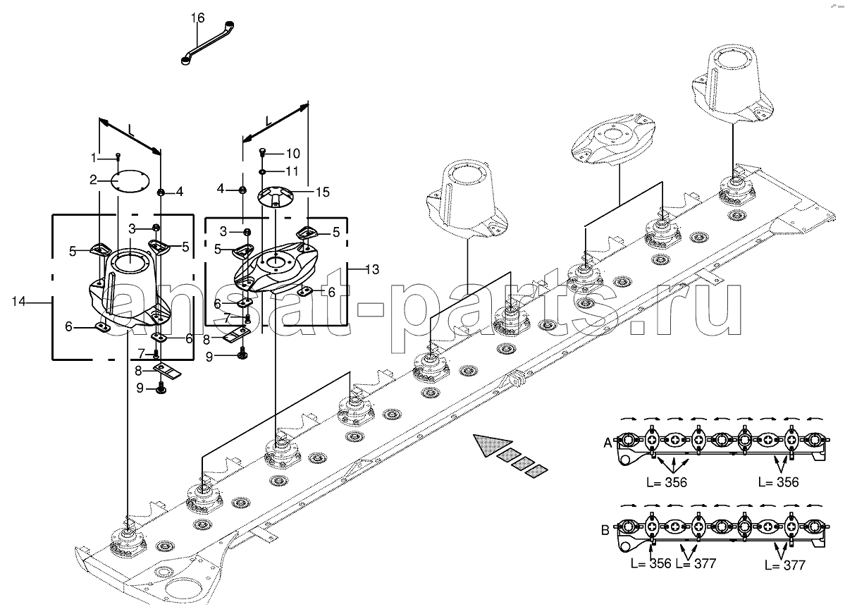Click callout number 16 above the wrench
coord(198,18)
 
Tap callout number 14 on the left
coord(18,302)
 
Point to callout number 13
coord(372,269)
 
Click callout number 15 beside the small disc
coord(322,192)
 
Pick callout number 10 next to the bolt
coord(293,154)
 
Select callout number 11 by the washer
coord(292,171)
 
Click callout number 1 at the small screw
coord(93,157)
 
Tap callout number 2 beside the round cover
coord(93,180)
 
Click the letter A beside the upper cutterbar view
coord(607,443)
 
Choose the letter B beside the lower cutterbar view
coord(605,530)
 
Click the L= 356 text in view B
coord(651,563)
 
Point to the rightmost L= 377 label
coord(784,565)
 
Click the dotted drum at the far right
coord(732,84)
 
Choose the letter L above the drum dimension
coord(131,129)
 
